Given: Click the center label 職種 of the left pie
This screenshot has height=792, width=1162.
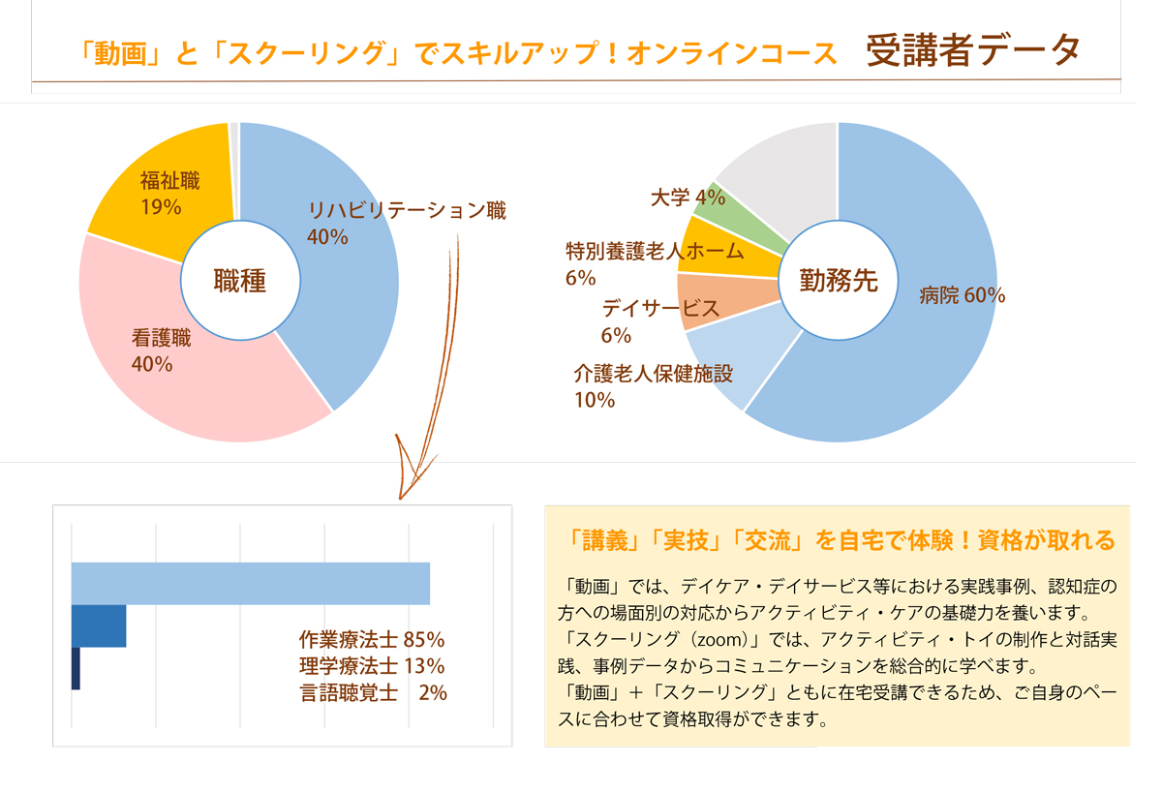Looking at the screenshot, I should pos(239,281).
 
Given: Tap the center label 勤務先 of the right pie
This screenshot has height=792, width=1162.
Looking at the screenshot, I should pos(838,281).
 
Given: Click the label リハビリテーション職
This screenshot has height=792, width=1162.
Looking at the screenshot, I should pos(407,211).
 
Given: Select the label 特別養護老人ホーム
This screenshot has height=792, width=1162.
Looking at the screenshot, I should pos(655,252).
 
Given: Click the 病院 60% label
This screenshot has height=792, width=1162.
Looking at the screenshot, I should pos(962,296).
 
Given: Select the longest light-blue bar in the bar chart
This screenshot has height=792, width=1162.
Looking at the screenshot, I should pos(250,584).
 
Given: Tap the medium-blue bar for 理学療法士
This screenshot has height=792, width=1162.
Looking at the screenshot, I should pos(99,626).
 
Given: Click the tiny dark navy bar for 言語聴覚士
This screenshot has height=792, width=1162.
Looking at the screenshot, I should pos(76,669).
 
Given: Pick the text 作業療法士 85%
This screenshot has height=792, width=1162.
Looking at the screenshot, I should pos(372,640).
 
